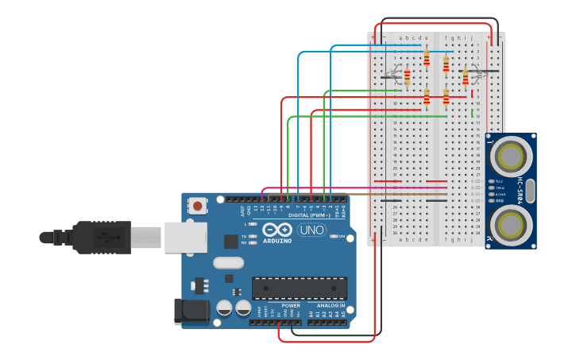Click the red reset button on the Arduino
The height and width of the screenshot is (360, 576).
197,206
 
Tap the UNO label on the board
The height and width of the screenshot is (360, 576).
311,230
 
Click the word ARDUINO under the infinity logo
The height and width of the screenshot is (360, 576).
277,240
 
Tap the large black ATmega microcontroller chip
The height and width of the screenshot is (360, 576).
299,288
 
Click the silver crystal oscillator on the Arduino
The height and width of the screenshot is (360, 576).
228,263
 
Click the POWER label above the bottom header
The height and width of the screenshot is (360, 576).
291,305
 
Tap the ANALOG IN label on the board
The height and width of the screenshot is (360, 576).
331,305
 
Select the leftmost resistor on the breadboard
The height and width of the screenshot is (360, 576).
407,77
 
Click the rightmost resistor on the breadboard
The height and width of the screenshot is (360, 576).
466,76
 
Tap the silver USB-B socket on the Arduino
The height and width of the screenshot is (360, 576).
185,237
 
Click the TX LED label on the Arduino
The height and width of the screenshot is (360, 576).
243,236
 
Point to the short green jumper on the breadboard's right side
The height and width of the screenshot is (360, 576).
473,114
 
